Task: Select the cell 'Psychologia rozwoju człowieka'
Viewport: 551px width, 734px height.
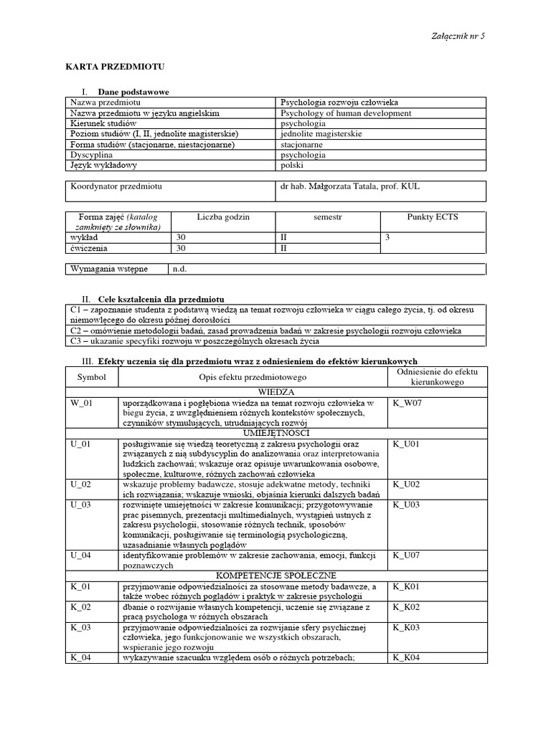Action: (344, 103)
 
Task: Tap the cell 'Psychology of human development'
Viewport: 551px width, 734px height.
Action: (346, 113)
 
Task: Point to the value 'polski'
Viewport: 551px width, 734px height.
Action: (293, 164)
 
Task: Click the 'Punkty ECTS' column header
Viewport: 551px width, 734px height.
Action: (432, 217)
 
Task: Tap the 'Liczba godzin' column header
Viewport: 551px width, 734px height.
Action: (223, 217)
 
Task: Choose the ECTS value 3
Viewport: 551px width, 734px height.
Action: (388, 237)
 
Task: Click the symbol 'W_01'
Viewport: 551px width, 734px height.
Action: (82, 403)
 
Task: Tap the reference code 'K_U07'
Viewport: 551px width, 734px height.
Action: (405, 556)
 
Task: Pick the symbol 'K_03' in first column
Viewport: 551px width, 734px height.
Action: (80, 627)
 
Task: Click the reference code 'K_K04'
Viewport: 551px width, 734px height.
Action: (405, 657)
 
